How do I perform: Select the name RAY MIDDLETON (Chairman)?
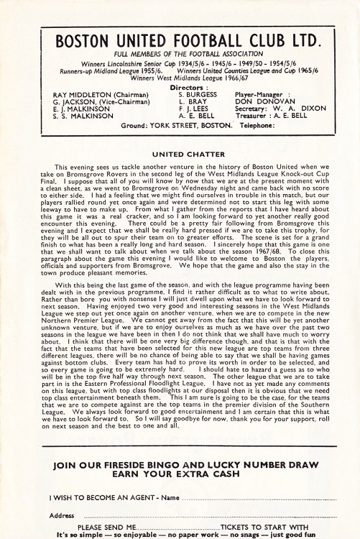pyautogui.click(x=101, y=94)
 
